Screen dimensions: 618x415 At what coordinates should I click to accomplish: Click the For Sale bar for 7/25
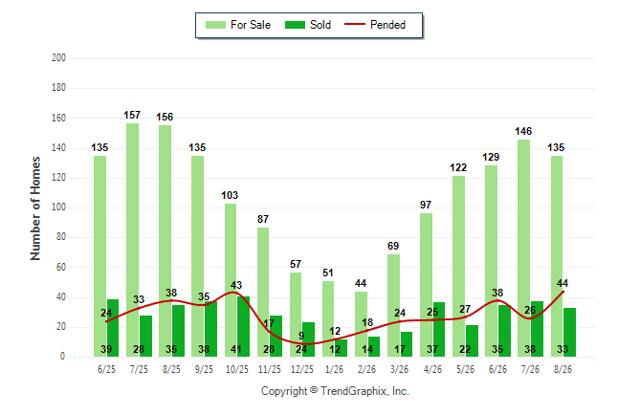[x=132, y=240]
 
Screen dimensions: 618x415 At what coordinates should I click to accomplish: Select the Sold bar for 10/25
[x=243, y=326]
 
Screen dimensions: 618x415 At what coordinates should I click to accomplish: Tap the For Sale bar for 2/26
[x=361, y=324]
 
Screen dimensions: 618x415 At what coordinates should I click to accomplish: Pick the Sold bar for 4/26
[x=439, y=330]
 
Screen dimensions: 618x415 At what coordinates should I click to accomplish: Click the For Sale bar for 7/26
[x=524, y=248]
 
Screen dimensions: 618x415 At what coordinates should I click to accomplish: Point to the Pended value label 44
[x=563, y=283]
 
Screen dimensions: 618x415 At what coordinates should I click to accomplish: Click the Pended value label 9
[x=301, y=336]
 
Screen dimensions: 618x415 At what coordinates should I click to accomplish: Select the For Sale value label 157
[x=132, y=115]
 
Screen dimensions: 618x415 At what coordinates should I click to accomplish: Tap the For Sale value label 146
[x=523, y=131]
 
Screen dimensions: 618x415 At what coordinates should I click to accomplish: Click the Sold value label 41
[x=236, y=349]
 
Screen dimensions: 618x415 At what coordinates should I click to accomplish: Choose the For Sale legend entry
[x=238, y=25]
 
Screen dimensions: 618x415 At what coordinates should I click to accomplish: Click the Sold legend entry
[x=308, y=25]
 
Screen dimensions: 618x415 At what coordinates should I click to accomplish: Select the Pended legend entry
[x=375, y=25]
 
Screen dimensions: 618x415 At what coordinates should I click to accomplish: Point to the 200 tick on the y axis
[x=58, y=58]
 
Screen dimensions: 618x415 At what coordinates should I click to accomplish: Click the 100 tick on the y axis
[x=58, y=207]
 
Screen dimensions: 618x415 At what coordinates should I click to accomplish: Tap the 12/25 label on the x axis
[x=302, y=369]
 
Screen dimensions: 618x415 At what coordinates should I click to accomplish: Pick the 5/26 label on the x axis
[x=465, y=369]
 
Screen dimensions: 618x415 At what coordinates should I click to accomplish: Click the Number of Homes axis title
[x=35, y=208]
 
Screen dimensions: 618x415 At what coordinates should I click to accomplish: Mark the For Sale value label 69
[x=393, y=246]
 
